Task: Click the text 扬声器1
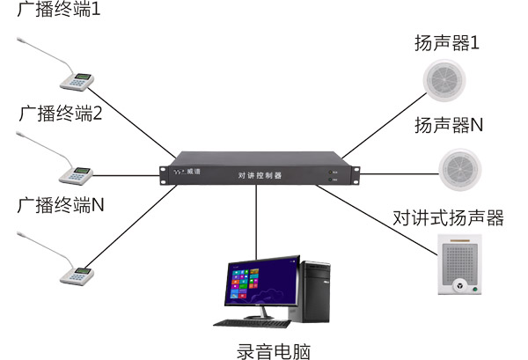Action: pyautogui.click(x=447, y=41)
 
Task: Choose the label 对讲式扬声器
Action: pyautogui.click(x=449, y=217)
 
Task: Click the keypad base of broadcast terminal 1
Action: pyautogui.click(x=77, y=82)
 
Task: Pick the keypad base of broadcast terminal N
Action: pyautogui.click(x=77, y=274)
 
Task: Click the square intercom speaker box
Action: pyautogui.click(x=462, y=263)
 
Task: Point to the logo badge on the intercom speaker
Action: pyautogui.click(x=461, y=285)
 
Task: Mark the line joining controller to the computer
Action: pyautogui.click(x=257, y=224)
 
